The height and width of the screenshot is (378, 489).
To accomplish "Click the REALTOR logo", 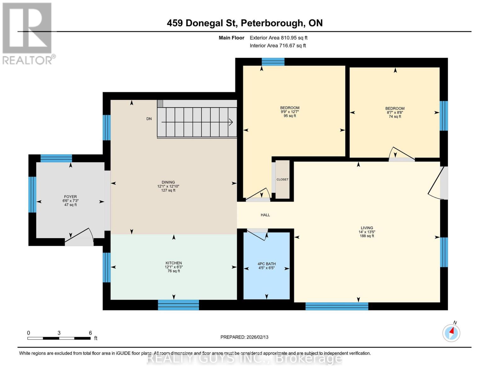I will click(x=28, y=33).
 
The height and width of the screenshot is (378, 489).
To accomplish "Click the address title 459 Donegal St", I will click(x=244, y=23).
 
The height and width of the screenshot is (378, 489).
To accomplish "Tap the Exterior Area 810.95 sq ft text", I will click(x=278, y=38).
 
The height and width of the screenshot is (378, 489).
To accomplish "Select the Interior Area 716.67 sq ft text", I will click(x=278, y=46).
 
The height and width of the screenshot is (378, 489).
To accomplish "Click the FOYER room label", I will click(x=70, y=197).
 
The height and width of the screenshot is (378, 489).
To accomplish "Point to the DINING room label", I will click(x=168, y=182).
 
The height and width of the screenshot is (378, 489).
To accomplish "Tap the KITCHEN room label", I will click(x=173, y=263).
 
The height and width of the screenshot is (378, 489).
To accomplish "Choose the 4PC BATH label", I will click(x=266, y=264).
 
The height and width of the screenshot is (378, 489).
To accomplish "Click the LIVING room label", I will click(x=367, y=228).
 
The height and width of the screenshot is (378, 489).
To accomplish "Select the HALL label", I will click(x=265, y=215).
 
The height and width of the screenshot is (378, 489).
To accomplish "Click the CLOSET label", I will click(x=282, y=180).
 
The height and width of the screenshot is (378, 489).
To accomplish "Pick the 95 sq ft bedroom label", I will click(x=290, y=112).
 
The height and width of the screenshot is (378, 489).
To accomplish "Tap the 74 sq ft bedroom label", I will click(x=395, y=112).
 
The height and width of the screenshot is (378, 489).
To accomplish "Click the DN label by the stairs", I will click(x=149, y=119).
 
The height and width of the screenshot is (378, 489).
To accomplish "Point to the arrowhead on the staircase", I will click(x=231, y=122).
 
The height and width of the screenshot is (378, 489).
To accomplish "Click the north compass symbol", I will click(x=451, y=332).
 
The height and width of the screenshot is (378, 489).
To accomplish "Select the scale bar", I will click(x=59, y=338).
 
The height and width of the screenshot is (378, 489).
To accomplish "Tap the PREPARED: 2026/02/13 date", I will click(x=244, y=337).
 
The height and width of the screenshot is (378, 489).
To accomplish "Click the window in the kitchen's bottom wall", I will click(x=178, y=305).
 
